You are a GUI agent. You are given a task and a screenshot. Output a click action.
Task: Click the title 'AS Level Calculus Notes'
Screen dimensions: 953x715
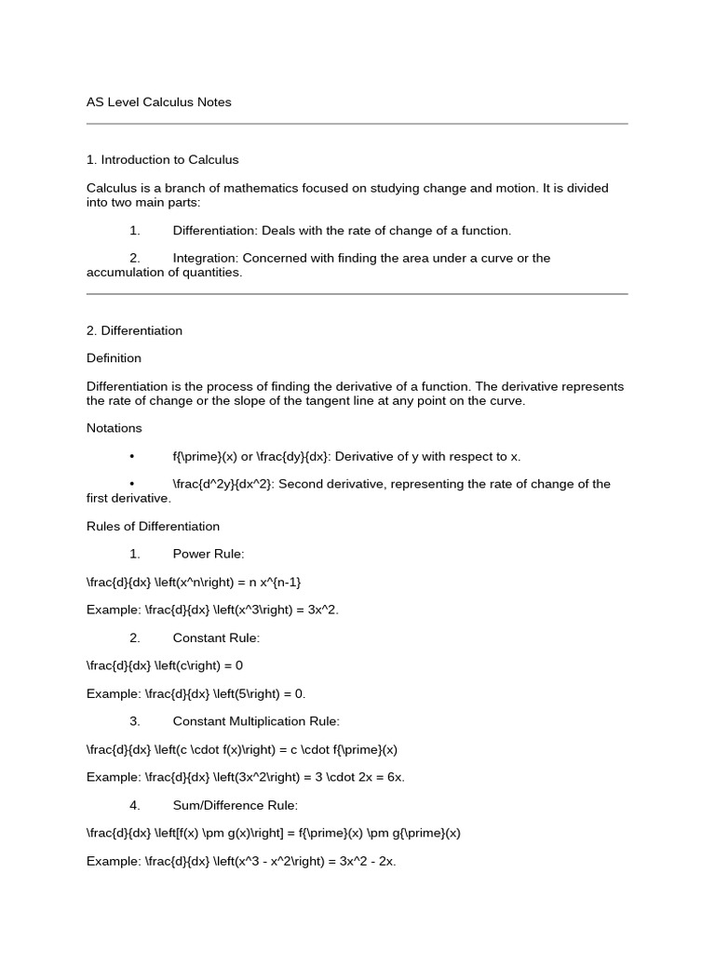click(x=159, y=102)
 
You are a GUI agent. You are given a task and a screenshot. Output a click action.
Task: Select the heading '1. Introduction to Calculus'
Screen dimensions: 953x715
click(x=163, y=160)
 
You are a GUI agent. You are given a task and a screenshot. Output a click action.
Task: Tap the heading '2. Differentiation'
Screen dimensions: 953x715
click(x=134, y=330)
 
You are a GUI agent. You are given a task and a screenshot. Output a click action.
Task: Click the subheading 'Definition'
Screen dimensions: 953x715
click(x=114, y=358)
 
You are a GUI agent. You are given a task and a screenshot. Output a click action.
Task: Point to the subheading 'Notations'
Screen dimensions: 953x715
click(x=115, y=428)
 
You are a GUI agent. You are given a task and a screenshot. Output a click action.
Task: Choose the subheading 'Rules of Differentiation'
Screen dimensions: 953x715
click(x=153, y=526)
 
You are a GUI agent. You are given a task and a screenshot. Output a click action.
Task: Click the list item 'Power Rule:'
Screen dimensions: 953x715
click(x=209, y=554)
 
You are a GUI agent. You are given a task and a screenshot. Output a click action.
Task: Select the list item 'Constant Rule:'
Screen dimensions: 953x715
click(x=216, y=638)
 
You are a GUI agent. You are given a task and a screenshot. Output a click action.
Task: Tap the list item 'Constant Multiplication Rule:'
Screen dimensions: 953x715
click(x=256, y=721)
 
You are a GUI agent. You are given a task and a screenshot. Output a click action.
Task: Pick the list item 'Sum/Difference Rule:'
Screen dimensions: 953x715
click(x=235, y=805)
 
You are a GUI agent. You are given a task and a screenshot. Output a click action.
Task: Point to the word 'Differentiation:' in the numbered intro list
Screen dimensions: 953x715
click(x=215, y=230)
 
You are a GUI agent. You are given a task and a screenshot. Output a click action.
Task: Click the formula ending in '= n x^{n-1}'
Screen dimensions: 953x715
click(x=194, y=582)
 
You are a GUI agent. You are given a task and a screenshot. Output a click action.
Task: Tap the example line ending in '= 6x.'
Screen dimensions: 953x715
click(x=246, y=777)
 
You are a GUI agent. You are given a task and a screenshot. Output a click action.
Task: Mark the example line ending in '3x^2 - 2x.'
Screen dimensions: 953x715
click(x=241, y=861)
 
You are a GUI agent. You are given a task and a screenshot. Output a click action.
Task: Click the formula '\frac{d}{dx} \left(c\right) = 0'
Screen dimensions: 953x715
click(x=165, y=665)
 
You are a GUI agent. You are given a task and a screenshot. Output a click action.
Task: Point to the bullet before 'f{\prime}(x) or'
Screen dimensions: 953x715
click(x=133, y=456)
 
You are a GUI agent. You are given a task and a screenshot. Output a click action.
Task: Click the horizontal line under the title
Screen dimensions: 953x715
click(x=357, y=123)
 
